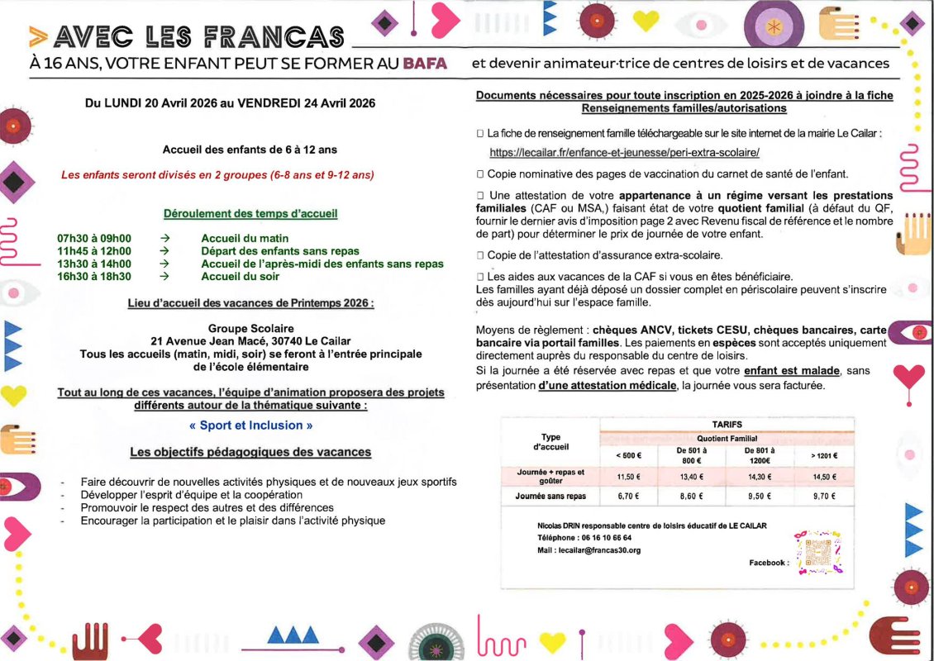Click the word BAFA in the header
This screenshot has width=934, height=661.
pos(425,64)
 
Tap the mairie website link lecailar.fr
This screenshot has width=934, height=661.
pos(624,153)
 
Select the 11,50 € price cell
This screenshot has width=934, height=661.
pos(630,477)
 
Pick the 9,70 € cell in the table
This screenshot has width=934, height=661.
pos(823,497)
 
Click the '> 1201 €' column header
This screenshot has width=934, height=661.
pos(823,455)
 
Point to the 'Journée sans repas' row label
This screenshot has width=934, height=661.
pos(550,497)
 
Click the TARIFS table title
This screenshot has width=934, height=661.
pos(727,424)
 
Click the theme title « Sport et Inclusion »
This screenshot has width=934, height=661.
pos(251,426)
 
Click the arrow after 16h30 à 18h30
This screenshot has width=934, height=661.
pos(164,277)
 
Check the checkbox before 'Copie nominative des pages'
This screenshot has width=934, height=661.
pos(480,174)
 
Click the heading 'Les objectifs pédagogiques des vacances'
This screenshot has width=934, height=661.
pos(250,452)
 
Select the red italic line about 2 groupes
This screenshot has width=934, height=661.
pos(217,174)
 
